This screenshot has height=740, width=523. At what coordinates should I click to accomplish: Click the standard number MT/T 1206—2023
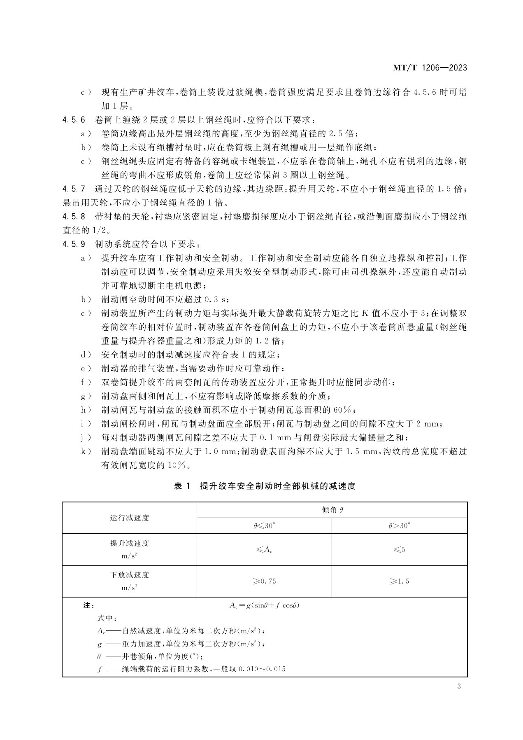(430, 68)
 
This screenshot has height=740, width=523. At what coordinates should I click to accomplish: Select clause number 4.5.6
(74, 120)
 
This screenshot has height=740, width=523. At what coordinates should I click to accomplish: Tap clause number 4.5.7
(74, 189)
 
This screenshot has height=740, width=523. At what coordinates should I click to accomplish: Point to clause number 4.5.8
(74, 217)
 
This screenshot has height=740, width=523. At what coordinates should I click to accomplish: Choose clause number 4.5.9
(74, 244)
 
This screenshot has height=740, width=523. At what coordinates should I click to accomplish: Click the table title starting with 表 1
(265, 486)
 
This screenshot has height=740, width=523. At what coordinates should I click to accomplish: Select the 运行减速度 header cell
(129, 518)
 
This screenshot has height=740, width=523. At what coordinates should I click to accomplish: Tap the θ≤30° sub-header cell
(264, 526)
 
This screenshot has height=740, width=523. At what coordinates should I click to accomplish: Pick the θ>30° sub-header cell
(399, 526)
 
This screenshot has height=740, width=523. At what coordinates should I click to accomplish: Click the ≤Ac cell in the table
(264, 549)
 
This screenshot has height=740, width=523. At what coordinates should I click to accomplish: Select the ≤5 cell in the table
(399, 549)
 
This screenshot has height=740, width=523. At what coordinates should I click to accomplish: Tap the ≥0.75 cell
(264, 581)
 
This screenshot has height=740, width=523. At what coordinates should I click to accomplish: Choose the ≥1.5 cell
(399, 581)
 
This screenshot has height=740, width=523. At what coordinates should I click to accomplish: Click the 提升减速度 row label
(129, 544)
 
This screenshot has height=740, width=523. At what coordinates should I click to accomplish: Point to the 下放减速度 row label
(129, 575)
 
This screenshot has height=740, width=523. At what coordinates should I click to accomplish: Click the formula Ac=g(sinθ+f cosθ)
(264, 606)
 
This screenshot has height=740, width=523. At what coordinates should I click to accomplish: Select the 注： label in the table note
(89, 606)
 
